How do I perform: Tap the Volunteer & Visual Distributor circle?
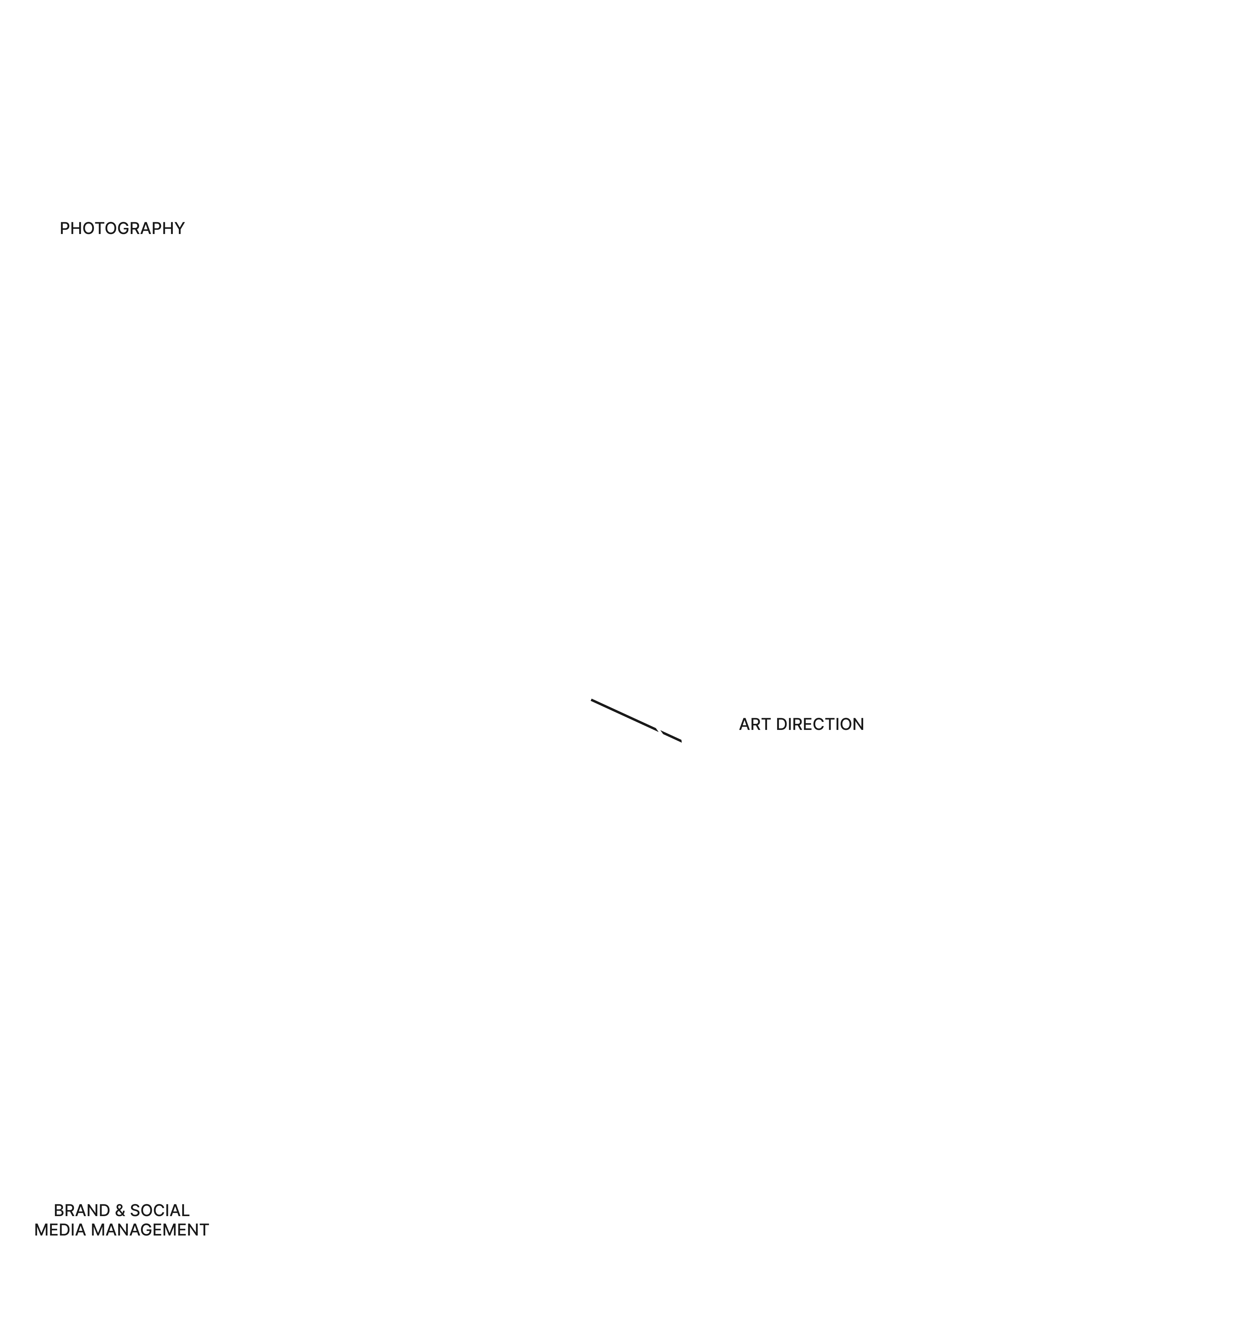tap(452, 297)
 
